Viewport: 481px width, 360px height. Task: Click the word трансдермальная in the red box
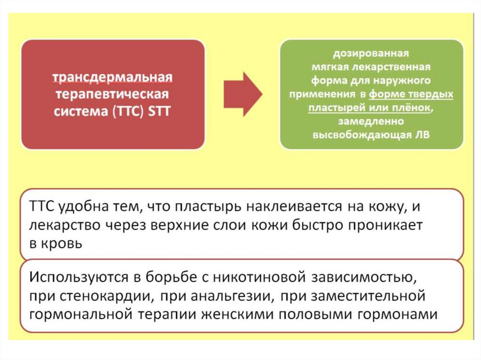112,77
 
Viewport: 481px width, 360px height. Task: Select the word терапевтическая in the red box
112,94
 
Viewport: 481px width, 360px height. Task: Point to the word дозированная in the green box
371,52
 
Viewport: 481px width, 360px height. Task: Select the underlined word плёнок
413,108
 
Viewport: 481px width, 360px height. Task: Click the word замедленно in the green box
371,122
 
